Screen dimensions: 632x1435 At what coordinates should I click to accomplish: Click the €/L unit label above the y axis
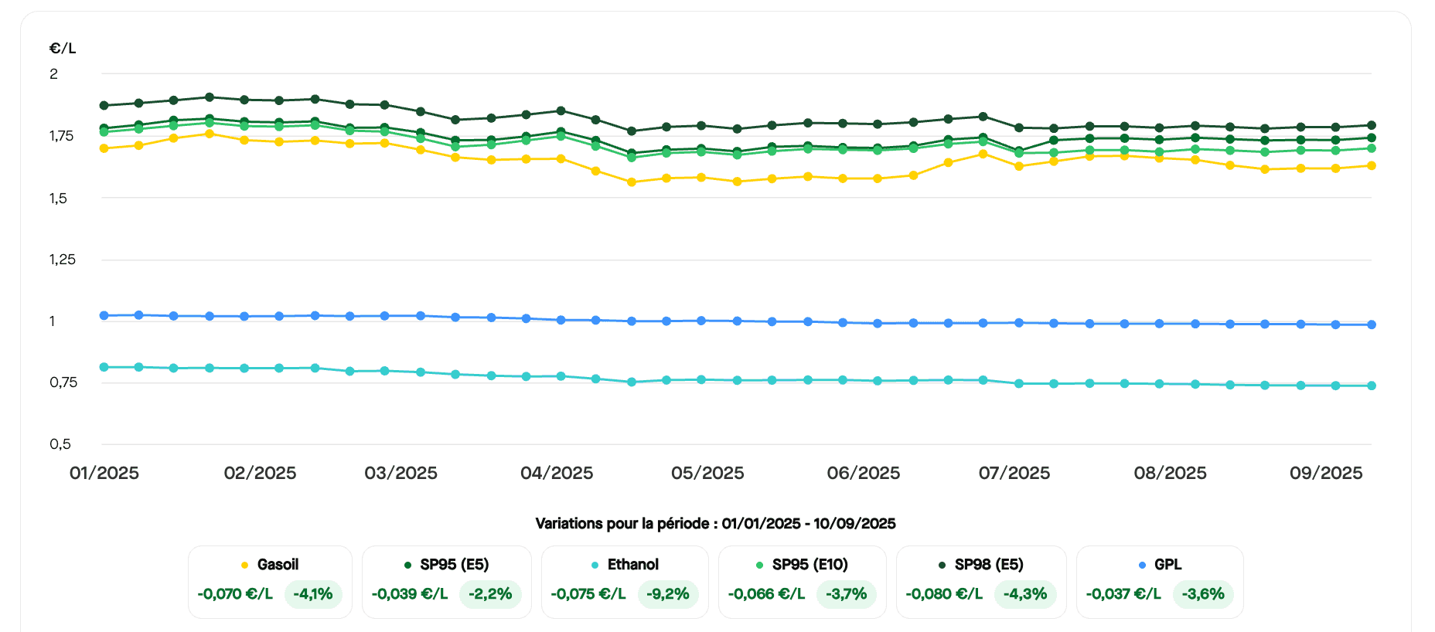63,48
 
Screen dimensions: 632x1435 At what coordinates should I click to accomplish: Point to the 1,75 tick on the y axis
61,136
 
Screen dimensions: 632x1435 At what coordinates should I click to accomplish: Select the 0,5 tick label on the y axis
60,444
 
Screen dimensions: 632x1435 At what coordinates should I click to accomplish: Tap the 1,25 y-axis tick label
63,260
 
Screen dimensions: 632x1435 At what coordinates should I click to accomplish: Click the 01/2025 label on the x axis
104,473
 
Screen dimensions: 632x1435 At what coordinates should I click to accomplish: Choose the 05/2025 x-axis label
707,473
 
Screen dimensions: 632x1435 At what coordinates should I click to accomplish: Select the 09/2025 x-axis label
1326,473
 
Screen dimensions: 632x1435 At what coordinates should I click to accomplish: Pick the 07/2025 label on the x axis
1014,473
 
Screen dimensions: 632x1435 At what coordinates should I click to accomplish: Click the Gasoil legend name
278,565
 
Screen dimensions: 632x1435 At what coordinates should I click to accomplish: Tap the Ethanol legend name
632,565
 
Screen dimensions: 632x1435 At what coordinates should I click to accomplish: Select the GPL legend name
1167,565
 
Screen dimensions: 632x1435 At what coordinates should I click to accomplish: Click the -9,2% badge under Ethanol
668,594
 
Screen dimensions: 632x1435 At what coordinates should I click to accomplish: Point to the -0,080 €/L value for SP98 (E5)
944,594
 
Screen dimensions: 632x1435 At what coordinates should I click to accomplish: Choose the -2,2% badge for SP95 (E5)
490,594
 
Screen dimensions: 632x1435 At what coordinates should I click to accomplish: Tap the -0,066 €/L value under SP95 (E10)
766,594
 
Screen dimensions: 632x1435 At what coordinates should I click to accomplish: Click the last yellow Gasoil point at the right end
1372,165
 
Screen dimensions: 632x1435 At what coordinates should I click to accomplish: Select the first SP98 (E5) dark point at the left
104,105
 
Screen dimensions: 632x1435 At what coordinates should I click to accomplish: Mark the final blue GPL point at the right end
1372,324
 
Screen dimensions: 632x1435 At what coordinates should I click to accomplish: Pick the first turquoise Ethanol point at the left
104,367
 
